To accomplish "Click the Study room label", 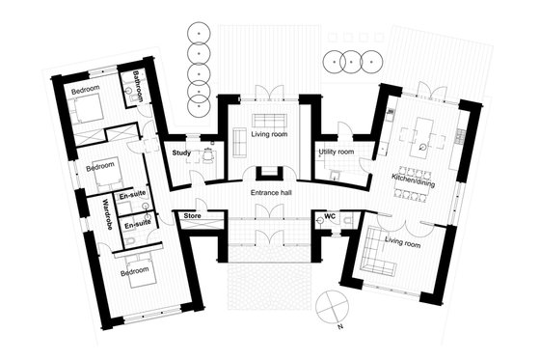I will pyautogui.click(x=180, y=152).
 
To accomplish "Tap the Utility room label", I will pyautogui.click(x=336, y=152).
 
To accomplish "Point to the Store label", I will pyautogui.click(x=191, y=215).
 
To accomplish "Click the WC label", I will pyautogui.click(x=330, y=216).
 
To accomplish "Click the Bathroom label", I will pyautogui.click(x=137, y=86).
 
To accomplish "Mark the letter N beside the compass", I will pyautogui.click(x=339, y=327).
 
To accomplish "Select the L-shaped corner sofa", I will pyautogui.click(x=379, y=262).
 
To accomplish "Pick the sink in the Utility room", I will pyautogui.click(x=331, y=175).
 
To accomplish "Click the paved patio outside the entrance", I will pyautogui.click(x=269, y=285).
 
